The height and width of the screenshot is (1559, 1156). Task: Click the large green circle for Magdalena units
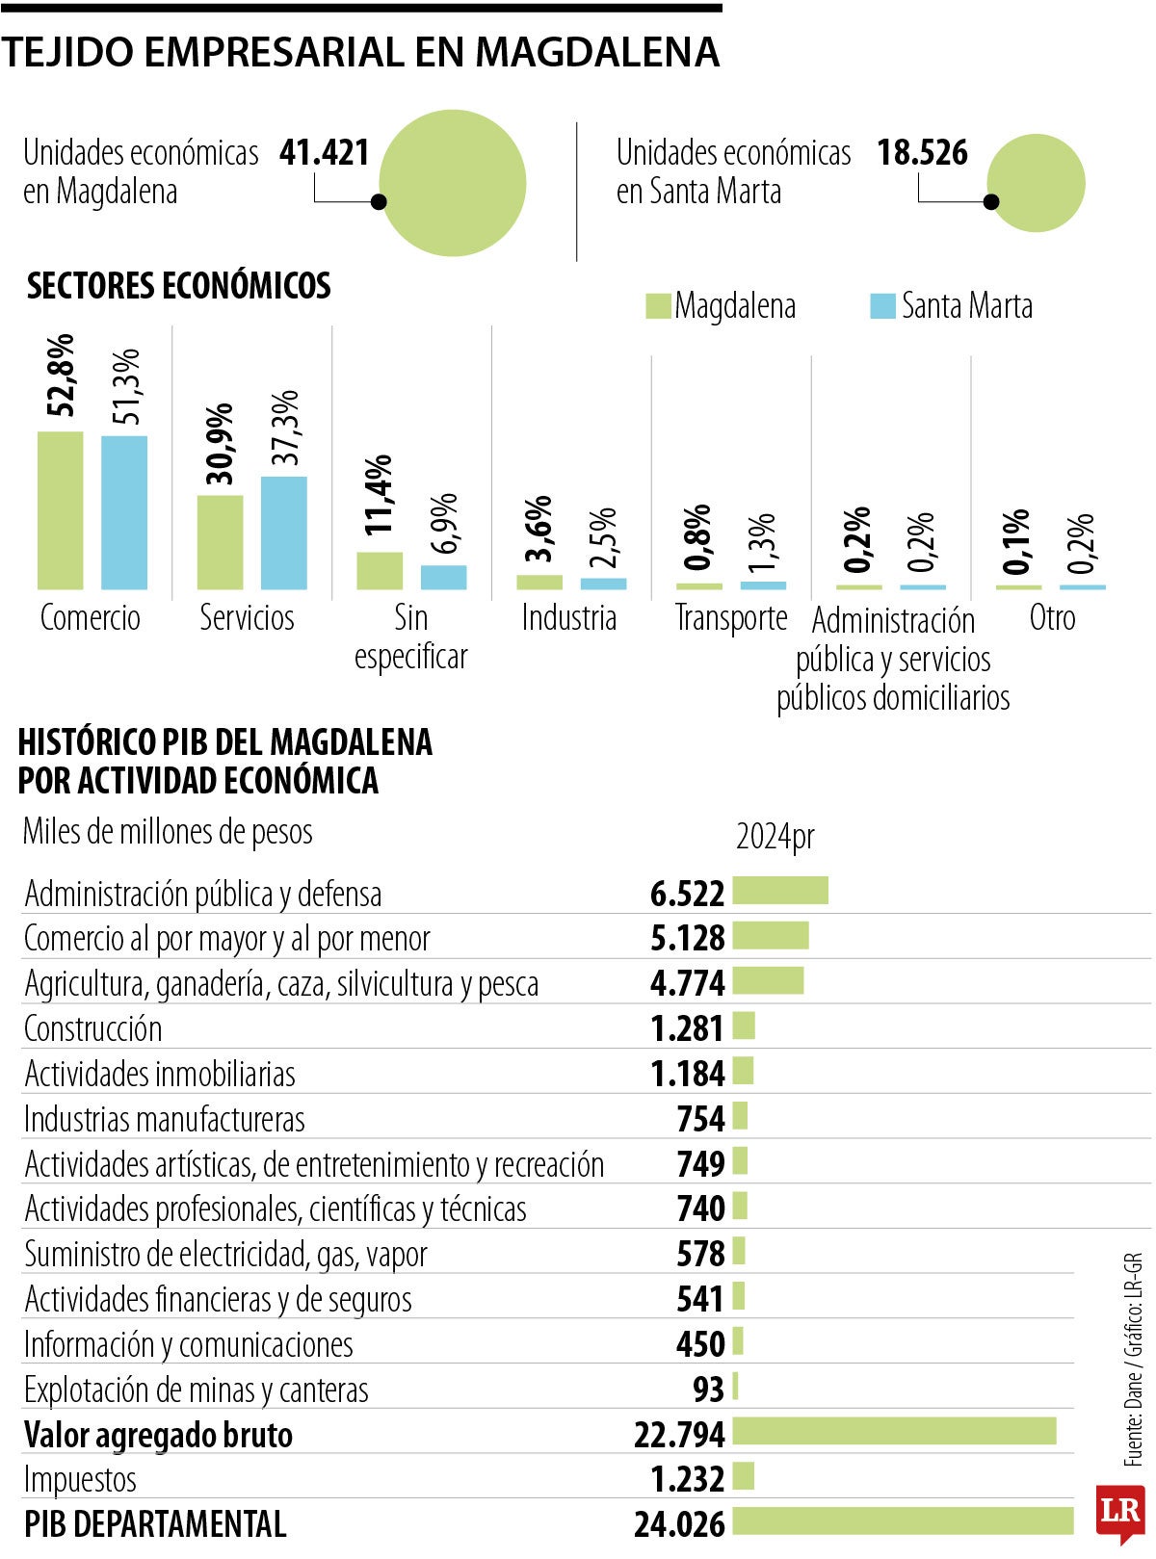[x=453, y=183]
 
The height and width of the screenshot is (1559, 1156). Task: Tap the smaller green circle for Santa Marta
[x=1036, y=183]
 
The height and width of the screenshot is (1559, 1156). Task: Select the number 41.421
[x=325, y=153]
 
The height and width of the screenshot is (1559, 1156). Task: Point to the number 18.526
[x=922, y=153]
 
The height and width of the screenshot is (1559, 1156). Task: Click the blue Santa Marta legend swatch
[x=882, y=306]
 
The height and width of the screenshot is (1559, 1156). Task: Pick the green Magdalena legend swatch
[x=657, y=306]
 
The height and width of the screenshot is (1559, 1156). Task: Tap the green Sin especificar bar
[x=380, y=570]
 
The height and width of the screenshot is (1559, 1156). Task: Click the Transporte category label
[x=731, y=617]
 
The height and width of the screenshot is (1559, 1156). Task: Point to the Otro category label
[x=1052, y=617]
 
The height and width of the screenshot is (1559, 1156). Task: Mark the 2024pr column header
[x=775, y=836]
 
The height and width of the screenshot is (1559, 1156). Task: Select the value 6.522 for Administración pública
[x=687, y=894]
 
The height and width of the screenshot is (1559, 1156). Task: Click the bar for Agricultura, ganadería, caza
[x=768, y=980]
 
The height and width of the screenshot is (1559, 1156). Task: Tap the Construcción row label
[x=92, y=1028]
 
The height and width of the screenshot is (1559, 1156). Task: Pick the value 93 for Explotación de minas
[x=708, y=1389]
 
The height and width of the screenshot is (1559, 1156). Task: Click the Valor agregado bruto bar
[x=894, y=1431]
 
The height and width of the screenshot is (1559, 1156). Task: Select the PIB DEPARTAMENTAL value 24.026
[x=679, y=1523]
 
